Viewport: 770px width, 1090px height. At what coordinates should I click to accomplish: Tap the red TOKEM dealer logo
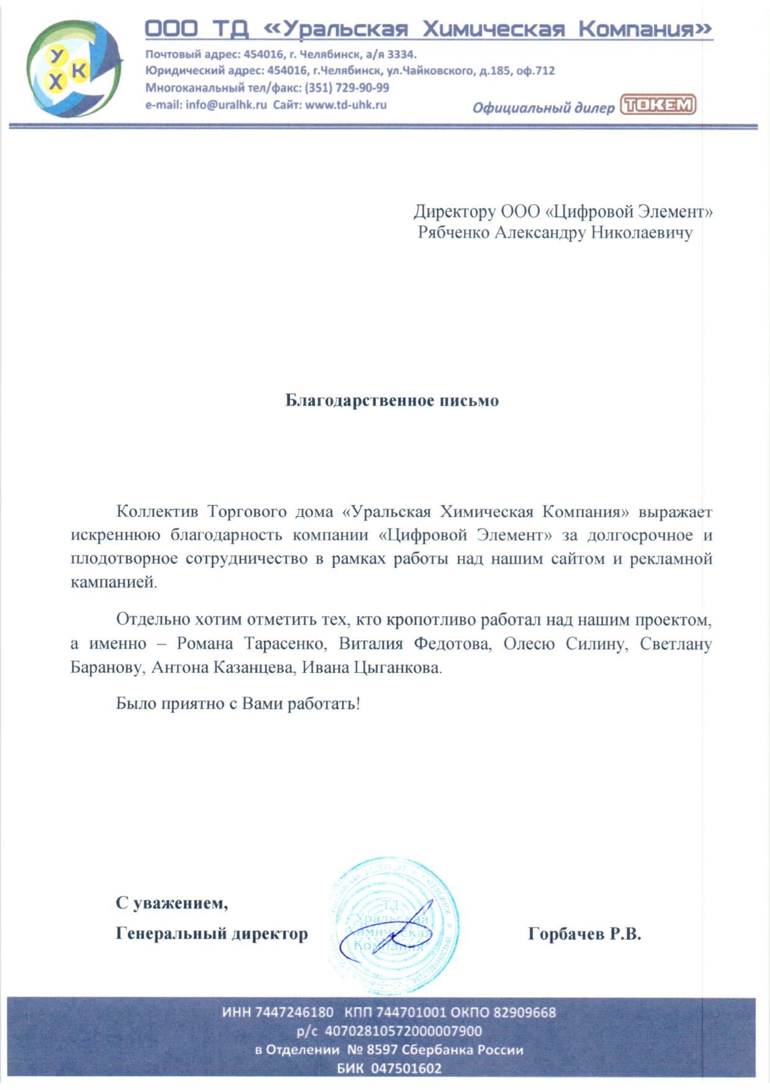point(658,105)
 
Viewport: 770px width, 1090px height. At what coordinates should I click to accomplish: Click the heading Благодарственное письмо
point(392,401)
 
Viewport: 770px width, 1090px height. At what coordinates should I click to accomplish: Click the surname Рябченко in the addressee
point(453,233)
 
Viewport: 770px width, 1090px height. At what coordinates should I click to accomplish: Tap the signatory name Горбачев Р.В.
point(585,934)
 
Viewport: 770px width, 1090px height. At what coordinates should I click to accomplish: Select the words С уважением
point(172,904)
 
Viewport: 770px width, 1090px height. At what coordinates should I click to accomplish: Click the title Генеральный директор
point(211,934)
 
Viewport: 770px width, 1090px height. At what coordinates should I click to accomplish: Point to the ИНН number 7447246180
point(294,1013)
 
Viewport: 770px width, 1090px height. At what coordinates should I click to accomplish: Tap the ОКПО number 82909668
point(524,1013)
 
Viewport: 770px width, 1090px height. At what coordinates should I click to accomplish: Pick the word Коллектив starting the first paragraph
point(155,512)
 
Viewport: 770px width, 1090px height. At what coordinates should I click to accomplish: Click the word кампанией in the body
point(113,583)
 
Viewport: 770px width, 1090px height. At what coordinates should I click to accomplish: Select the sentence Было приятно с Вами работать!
point(238,703)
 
